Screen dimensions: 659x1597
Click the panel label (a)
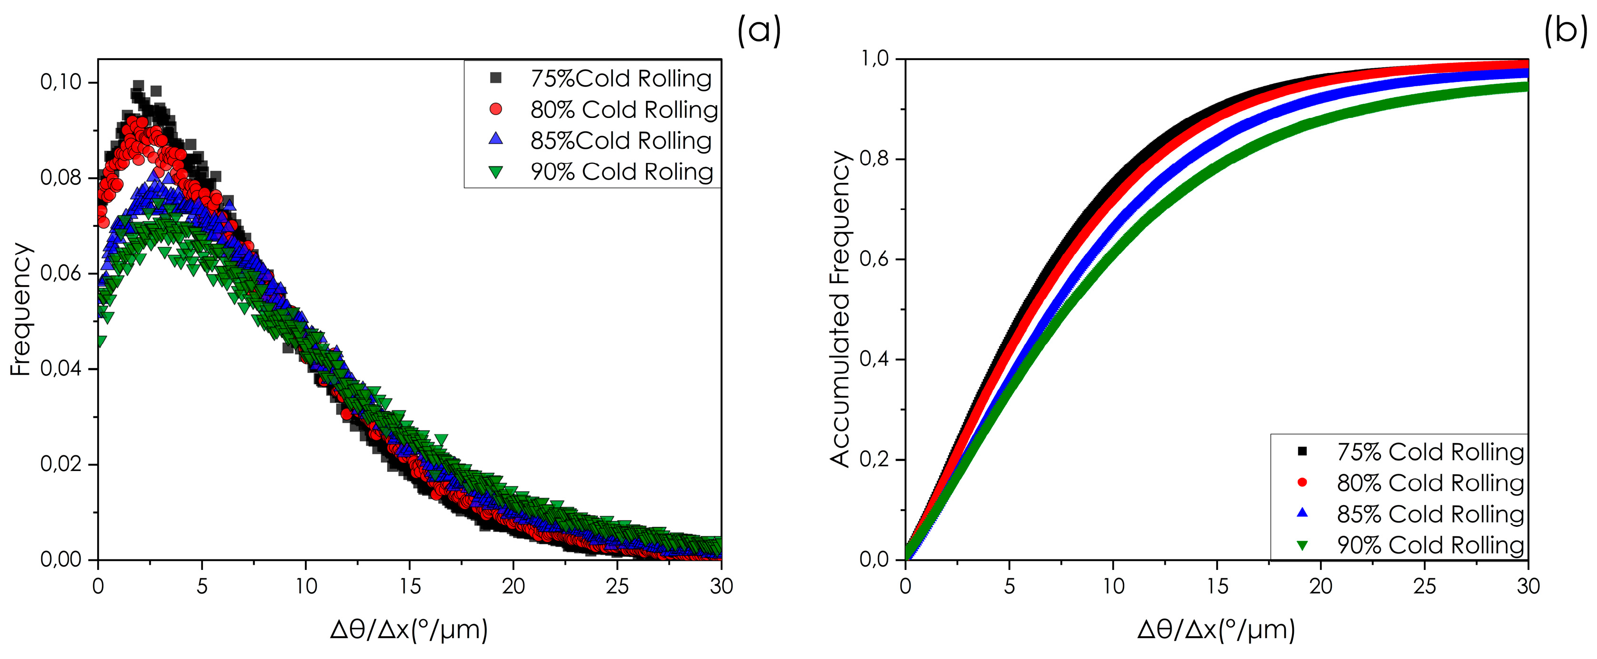[759, 30]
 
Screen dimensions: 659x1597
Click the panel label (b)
[1565, 30]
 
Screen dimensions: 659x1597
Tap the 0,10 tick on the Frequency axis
[61, 82]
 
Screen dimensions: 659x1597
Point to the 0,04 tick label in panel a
[61, 369]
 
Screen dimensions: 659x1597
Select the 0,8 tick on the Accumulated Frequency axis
[875, 159]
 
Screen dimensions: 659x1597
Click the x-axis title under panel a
[409, 630]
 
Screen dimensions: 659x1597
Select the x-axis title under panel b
[1216, 630]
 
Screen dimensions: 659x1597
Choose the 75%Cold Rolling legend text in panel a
[621, 79]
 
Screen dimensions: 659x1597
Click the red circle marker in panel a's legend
[495, 109]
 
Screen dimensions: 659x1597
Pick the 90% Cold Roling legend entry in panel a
[622, 172]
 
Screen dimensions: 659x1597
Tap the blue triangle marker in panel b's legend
[1302, 513]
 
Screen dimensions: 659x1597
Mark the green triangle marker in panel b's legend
[1302, 545]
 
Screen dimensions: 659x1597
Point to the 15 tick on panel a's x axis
[410, 586]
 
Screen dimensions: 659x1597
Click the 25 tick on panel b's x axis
[1424, 586]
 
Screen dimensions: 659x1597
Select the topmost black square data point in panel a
[138, 85]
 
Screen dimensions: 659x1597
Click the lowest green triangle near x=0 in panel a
[101, 341]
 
